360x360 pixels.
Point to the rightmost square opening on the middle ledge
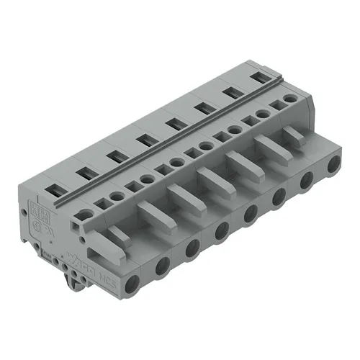275,104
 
